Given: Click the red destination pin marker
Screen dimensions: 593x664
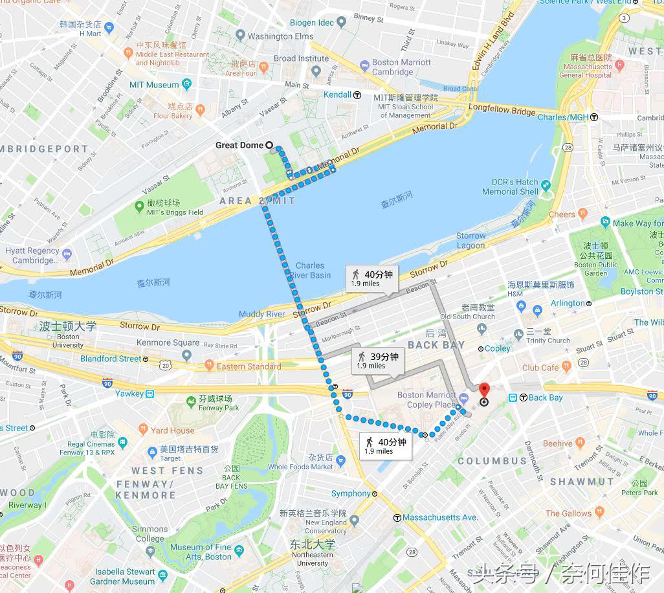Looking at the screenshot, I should tap(484, 391).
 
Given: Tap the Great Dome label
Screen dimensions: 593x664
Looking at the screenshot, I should tap(239, 145).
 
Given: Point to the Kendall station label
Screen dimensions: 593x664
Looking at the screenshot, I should tap(337, 95).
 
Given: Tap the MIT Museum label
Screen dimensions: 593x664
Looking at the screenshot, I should tap(153, 85).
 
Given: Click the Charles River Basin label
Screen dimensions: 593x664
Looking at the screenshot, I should tap(310, 270).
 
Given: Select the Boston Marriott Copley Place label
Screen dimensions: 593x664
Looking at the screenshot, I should tap(426, 399).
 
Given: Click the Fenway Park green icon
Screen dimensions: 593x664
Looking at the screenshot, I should tap(191, 402).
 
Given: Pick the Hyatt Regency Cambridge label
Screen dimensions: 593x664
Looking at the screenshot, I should tap(32, 255).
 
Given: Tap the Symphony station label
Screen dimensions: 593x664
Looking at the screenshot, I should tap(351, 493).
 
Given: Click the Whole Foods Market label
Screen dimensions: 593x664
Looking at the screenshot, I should tap(300, 466).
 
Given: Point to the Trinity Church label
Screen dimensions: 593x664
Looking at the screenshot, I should tap(548, 340).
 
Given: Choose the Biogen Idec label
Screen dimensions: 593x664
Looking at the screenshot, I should tap(312, 23).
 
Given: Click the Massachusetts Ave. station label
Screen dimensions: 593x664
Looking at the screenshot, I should tap(440, 517).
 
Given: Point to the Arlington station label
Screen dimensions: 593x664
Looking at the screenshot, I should tap(568, 303).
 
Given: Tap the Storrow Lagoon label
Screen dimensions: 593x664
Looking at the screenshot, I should tap(470, 240).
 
